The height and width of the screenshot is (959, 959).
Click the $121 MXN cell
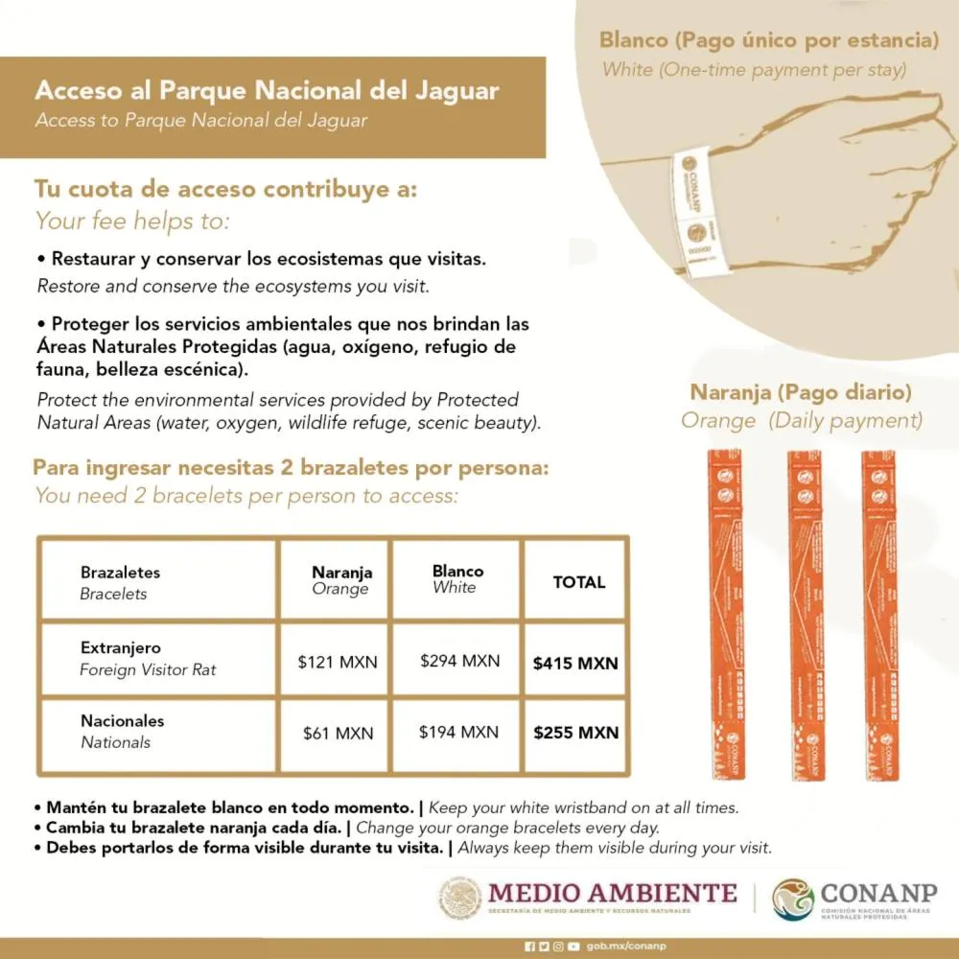pyautogui.click(x=338, y=662)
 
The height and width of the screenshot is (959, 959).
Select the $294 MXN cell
pyautogui.click(x=459, y=661)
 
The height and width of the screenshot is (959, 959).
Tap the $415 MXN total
pyautogui.click(x=575, y=663)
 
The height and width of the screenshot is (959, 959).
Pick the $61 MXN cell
pyautogui.click(x=338, y=734)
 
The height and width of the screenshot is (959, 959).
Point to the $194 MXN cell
pyautogui.click(x=458, y=732)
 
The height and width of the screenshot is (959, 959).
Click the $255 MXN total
pyautogui.click(x=575, y=733)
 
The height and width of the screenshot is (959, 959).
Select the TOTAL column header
pyautogui.click(x=579, y=582)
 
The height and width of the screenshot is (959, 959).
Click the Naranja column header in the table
pyautogui.click(x=341, y=573)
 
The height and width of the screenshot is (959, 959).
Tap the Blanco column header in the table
pyautogui.click(x=457, y=571)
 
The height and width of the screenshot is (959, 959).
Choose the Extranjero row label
pyautogui.click(x=121, y=648)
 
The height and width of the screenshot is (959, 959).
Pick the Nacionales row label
pyautogui.click(x=123, y=721)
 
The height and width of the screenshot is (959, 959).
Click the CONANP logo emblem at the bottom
pyautogui.click(x=793, y=900)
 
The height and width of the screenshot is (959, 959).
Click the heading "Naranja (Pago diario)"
pyautogui.click(x=801, y=392)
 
